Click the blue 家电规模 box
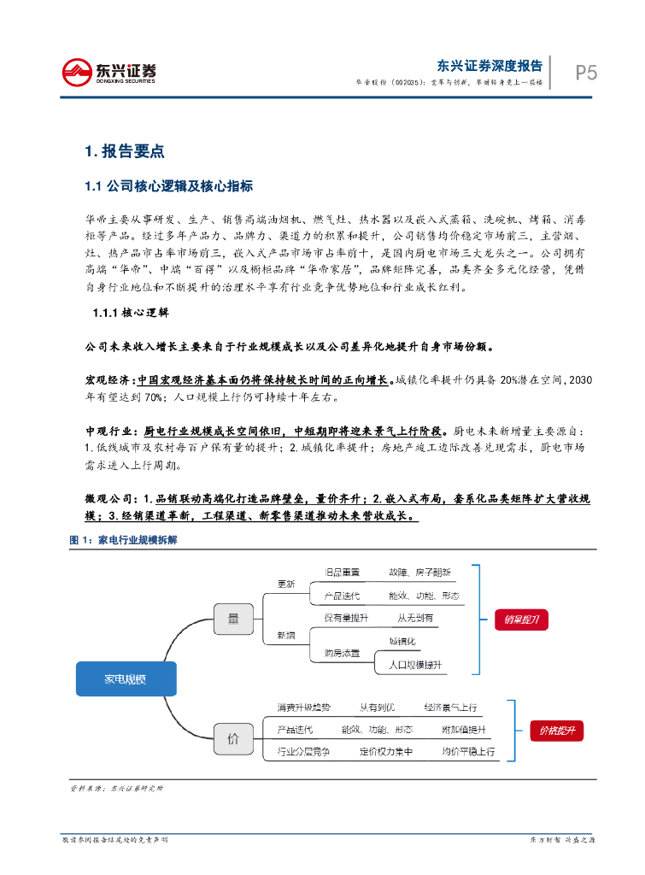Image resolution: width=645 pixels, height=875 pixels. pyautogui.click(x=126, y=679)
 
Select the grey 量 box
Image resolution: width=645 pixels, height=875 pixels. pyautogui.click(x=232, y=618)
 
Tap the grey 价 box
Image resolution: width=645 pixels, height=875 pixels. pyautogui.click(x=232, y=739)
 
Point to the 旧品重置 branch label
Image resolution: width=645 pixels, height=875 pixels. pyautogui.click(x=342, y=572)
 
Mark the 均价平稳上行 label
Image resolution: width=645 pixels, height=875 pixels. pyautogui.click(x=468, y=752)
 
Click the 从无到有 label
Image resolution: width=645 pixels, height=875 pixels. pyautogui.click(x=415, y=617)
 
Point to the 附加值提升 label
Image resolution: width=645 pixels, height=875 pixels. pyautogui.click(x=463, y=730)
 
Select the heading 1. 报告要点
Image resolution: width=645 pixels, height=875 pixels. pyautogui.click(x=124, y=152)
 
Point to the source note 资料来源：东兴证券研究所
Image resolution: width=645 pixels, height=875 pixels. pyautogui.click(x=116, y=788)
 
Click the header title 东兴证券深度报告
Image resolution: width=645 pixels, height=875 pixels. pyautogui.click(x=490, y=65)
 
